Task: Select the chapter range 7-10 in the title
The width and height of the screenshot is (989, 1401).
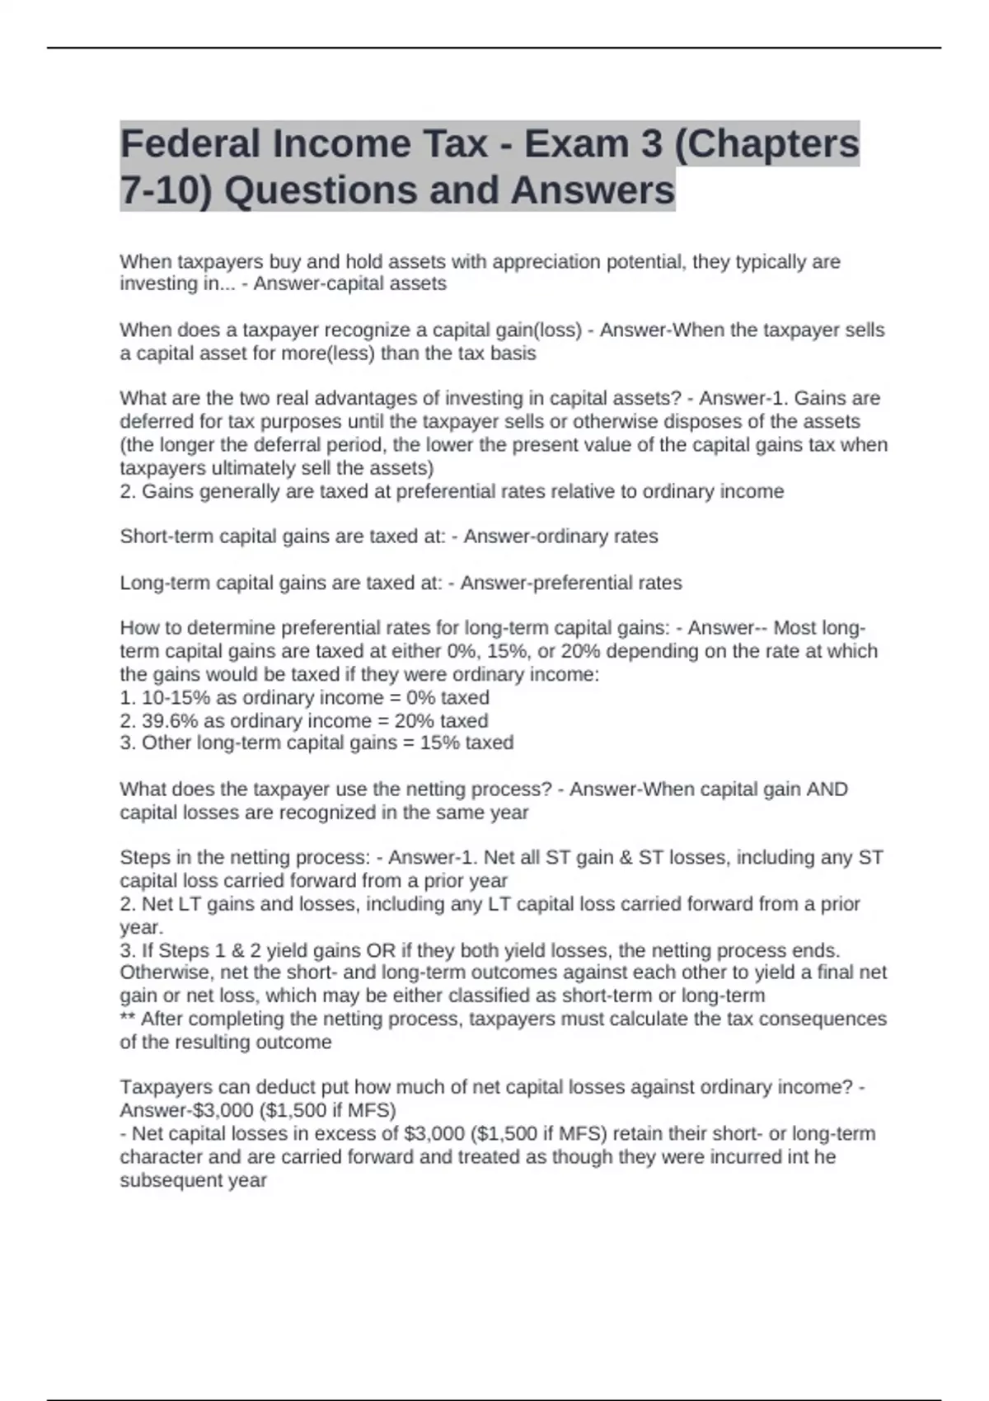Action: [x=166, y=190]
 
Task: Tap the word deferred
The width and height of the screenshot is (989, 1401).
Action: [x=157, y=422]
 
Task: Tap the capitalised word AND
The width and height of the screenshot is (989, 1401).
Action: [x=827, y=789]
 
